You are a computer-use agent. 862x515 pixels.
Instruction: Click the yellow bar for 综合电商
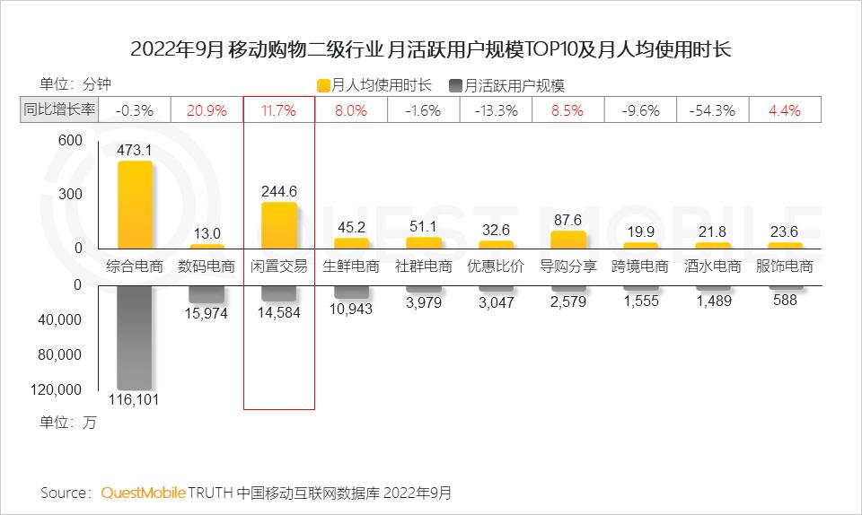tap(135, 205)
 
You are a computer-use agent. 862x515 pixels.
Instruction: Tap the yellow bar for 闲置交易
tap(278, 225)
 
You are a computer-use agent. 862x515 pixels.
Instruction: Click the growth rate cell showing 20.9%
tap(207, 110)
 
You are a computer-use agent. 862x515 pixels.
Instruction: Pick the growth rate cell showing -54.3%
tap(712, 110)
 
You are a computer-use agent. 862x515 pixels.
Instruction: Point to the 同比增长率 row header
tap(58, 110)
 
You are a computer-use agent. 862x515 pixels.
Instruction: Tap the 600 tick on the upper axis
tap(71, 141)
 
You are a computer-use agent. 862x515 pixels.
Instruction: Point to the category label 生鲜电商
tap(350, 266)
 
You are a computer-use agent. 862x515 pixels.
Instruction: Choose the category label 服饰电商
tap(785, 266)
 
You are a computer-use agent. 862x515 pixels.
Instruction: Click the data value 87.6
tap(567, 220)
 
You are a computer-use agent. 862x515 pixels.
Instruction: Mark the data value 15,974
tap(206, 314)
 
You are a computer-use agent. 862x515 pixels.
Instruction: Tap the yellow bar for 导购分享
tap(567, 240)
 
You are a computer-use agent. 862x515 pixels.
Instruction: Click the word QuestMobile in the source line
tap(144, 493)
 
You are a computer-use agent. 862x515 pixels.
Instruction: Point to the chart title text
tap(431, 48)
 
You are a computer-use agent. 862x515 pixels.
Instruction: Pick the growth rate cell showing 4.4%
tap(784, 110)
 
